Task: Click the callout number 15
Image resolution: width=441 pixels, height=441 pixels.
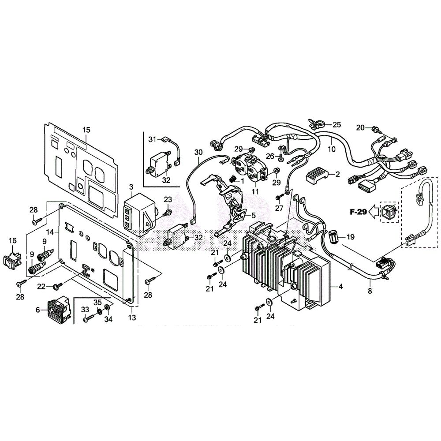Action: pos(86,130)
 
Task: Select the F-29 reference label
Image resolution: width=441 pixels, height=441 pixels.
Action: pos(358,212)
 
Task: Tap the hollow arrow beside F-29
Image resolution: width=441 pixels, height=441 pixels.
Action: pos(374,212)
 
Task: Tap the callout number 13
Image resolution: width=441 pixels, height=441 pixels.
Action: pos(132,318)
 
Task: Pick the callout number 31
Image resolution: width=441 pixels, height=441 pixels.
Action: pos(152,139)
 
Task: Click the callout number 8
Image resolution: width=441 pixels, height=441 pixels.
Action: pos(370,291)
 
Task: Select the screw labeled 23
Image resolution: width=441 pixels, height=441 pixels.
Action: pos(167,213)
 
